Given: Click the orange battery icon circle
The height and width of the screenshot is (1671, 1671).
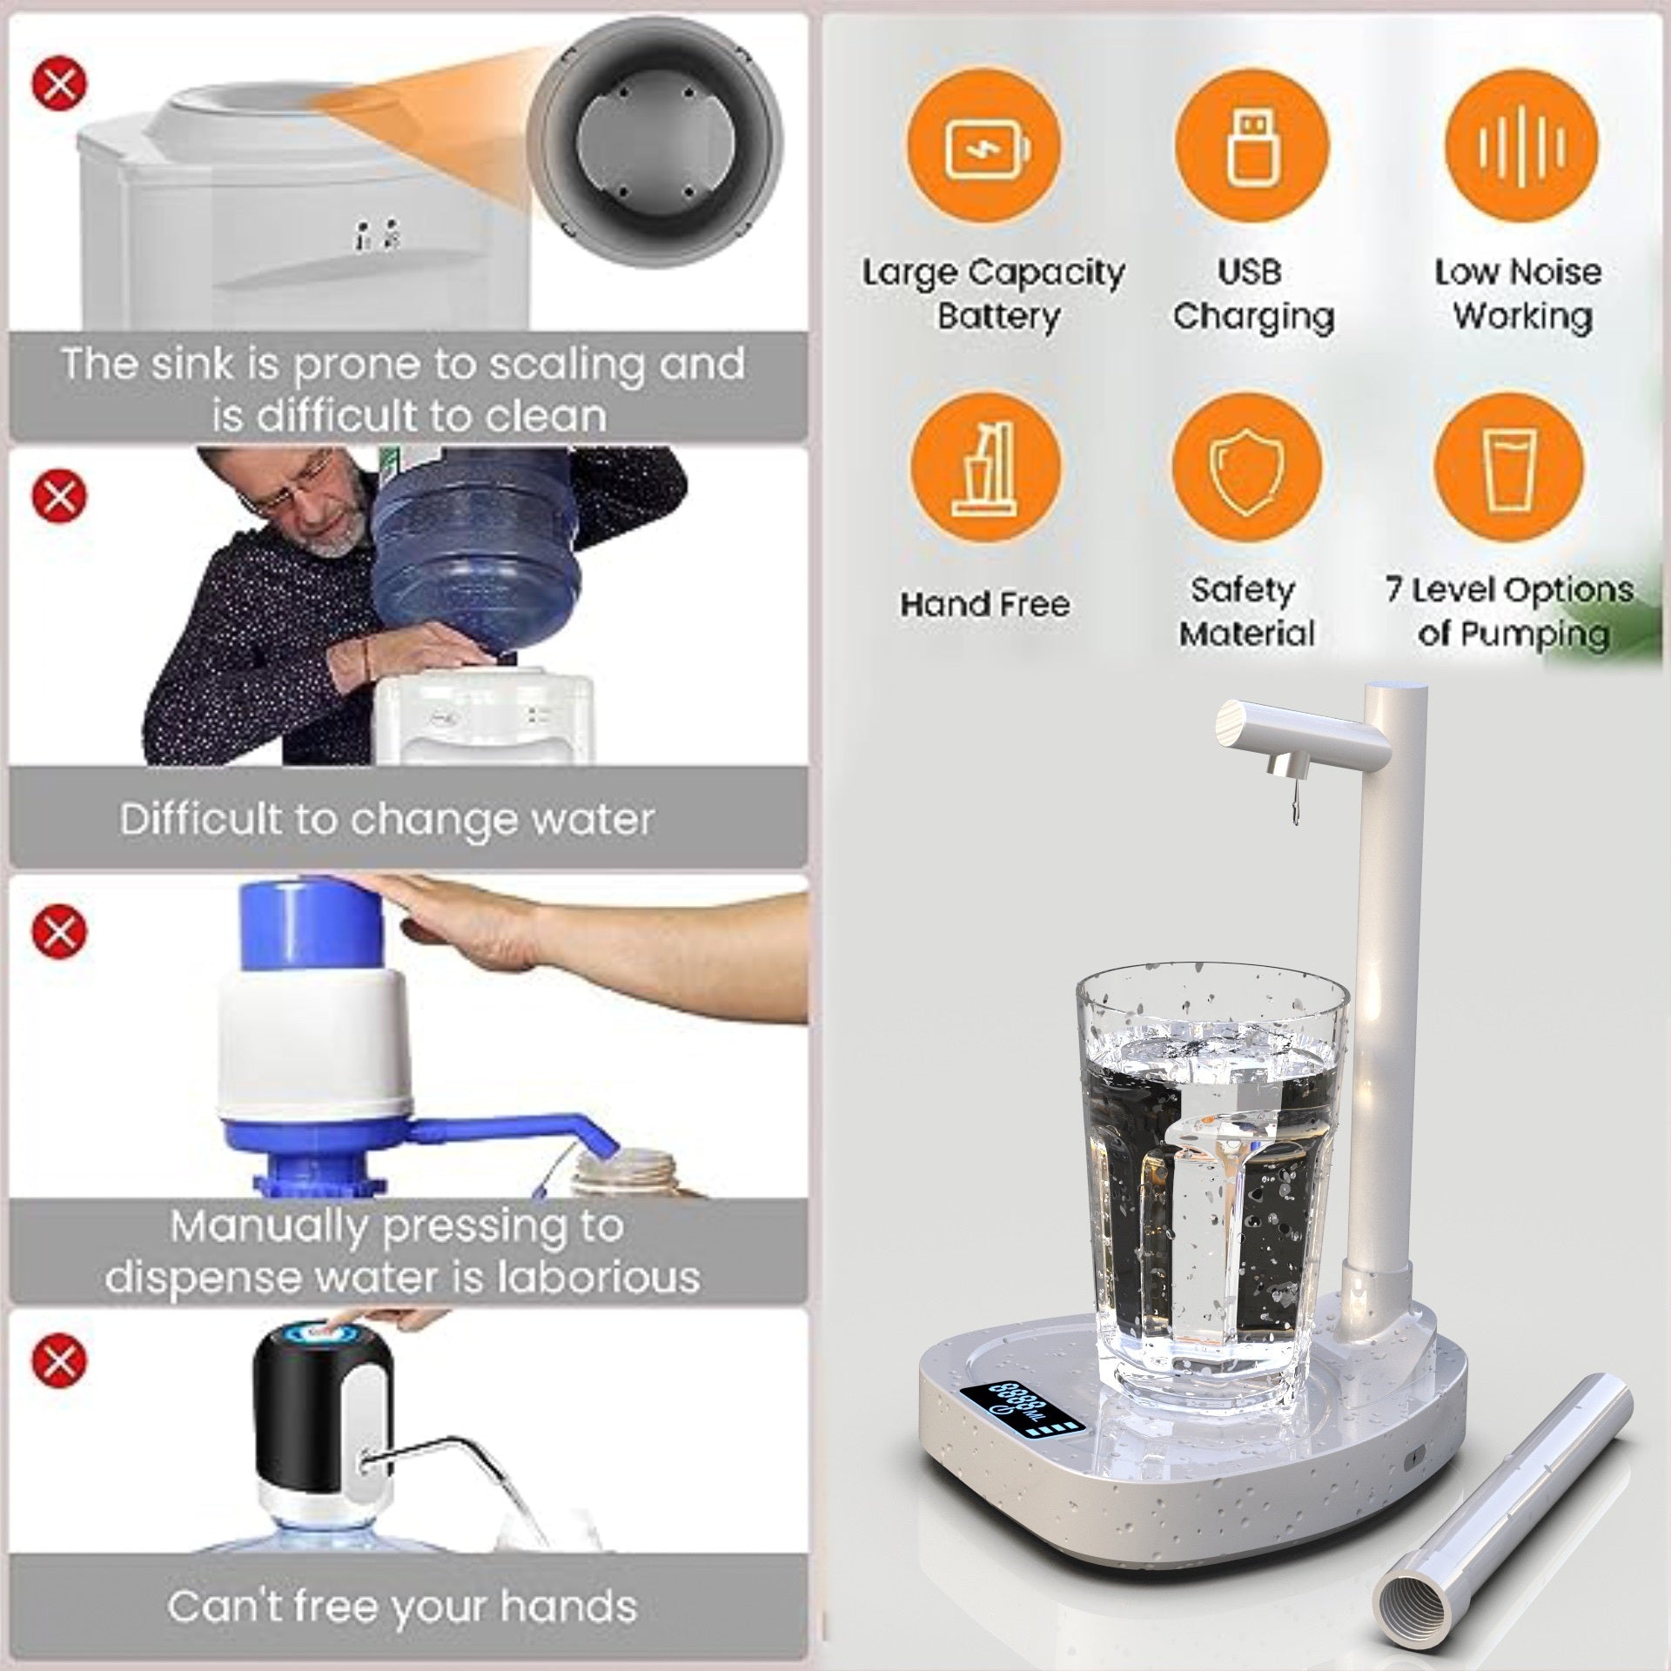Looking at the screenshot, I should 985,145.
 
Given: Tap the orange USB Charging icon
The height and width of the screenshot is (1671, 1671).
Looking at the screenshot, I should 1252,145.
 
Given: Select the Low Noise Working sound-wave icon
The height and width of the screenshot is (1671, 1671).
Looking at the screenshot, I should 1520,145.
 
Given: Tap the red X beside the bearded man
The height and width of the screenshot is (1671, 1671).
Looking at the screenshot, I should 60,495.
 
